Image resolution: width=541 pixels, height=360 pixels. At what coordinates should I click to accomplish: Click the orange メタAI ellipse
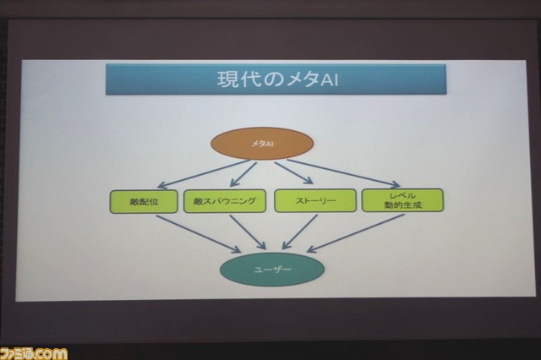(x=262, y=144)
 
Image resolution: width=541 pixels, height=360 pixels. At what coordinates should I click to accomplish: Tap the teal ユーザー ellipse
(x=272, y=270)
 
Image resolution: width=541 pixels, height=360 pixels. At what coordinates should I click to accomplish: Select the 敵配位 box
(x=144, y=201)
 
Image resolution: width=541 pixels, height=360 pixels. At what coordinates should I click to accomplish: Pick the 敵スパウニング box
(x=225, y=200)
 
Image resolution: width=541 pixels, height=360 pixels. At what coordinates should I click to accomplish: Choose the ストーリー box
(x=315, y=200)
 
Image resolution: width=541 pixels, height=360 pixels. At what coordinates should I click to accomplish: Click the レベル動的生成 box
(x=402, y=200)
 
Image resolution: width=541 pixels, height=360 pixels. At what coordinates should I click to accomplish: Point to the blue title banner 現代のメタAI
(x=276, y=79)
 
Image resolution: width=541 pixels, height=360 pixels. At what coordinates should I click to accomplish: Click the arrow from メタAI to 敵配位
(x=204, y=174)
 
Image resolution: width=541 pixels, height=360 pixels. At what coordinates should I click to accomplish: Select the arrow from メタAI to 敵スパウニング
(x=243, y=174)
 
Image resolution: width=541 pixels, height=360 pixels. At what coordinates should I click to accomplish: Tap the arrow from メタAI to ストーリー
(x=294, y=173)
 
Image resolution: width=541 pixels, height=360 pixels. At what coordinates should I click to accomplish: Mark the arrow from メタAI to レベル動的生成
(x=344, y=173)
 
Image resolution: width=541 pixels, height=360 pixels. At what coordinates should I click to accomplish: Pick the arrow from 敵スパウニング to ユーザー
(x=248, y=232)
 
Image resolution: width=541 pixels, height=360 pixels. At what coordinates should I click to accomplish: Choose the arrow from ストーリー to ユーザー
(x=299, y=232)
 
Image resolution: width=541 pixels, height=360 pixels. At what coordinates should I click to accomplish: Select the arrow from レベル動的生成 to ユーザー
(x=355, y=233)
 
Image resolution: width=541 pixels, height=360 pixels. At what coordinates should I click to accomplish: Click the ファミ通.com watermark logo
(x=34, y=354)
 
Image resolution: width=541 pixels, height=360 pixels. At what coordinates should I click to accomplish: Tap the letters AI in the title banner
(x=330, y=79)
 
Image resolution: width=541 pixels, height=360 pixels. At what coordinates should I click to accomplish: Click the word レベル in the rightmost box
(x=402, y=195)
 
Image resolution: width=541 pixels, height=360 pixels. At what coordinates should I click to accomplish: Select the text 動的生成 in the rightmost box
(x=402, y=205)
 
